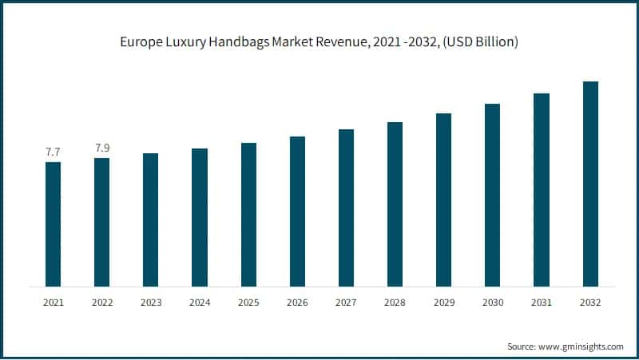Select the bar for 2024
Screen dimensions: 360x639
point(200,217)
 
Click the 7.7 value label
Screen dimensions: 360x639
point(53,152)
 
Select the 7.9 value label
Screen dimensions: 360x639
point(102,148)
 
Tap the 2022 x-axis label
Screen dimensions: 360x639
point(102,303)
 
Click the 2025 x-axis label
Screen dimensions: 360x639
point(248,303)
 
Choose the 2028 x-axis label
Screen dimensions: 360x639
point(395,303)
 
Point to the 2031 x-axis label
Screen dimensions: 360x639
point(542,303)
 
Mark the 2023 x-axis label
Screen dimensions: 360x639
point(151,303)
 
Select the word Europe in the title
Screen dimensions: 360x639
point(141,42)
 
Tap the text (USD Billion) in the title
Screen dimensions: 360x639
point(479,42)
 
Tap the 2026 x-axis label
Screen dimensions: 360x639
point(297,303)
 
